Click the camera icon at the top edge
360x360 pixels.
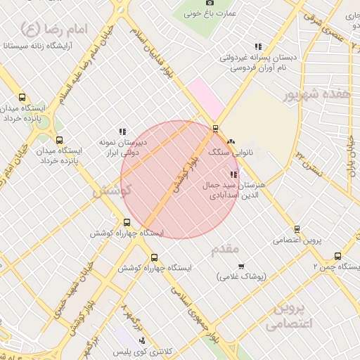[x=209, y=4]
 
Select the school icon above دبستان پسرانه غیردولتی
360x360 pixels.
[x=258, y=46]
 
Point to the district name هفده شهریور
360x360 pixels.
[x=312, y=94]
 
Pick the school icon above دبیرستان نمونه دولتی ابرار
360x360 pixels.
[x=122, y=131]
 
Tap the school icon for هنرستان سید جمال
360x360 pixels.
[x=234, y=174]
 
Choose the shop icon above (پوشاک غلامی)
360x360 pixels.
[x=241, y=266]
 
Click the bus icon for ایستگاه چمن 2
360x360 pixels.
[x=338, y=257]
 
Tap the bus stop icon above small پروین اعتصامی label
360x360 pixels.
[x=297, y=229]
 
